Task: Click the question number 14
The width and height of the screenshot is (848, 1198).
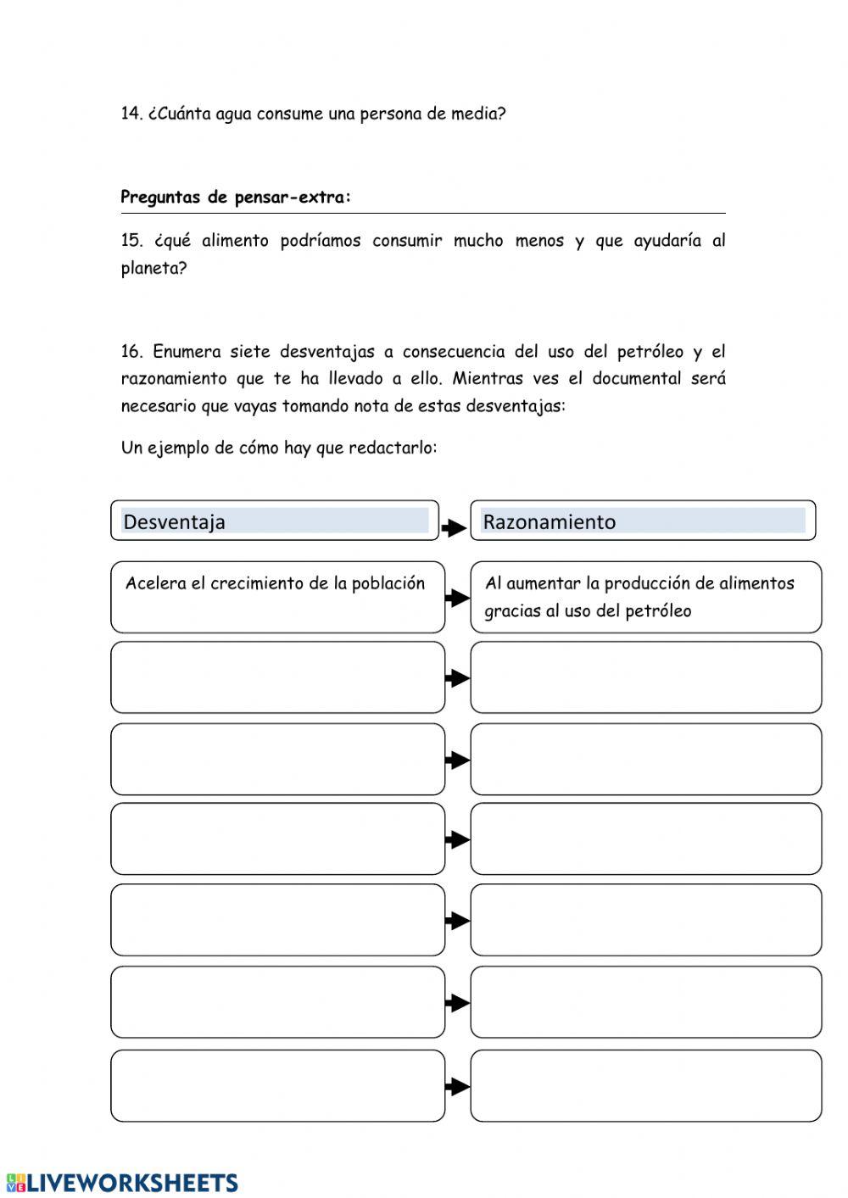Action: tap(131, 114)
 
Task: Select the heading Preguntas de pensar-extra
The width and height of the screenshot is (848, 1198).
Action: tap(235, 198)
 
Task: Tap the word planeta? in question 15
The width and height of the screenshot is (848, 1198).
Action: tap(153, 269)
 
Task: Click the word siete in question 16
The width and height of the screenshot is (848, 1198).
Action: tap(249, 352)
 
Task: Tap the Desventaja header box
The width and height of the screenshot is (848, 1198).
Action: tap(275, 521)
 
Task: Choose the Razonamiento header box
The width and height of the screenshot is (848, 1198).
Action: tap(643, 521)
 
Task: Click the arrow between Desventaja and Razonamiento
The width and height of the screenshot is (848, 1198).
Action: tap(455, 528)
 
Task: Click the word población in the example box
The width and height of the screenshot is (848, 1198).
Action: tap(388, 583)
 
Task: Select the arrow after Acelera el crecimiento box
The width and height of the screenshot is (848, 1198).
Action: tap(457, 598)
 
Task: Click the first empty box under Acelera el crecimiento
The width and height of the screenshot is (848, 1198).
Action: tap(277, 677)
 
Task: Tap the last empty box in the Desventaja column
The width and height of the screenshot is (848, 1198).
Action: tap(277, 1086)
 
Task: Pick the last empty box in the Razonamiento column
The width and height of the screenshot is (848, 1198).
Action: tap(645, 1086)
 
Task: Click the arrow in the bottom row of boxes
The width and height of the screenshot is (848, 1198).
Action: tap(457, 1087)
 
